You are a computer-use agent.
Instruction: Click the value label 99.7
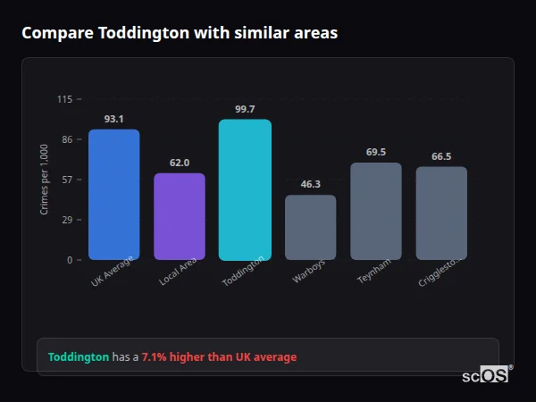point(245,109)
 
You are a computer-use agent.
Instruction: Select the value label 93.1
point(113,119)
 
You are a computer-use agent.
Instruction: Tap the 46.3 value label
point(310,184)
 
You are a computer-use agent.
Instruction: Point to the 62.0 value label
point(180,163)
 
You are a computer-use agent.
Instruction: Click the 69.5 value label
point(376,152)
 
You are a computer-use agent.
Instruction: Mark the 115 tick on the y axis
point(64,99)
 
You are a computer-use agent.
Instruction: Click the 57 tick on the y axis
point(66,180)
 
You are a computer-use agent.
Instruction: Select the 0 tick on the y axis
point(69,260)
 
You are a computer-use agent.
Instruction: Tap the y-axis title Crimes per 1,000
point(45,180)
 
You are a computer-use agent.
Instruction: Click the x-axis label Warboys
point(309,272)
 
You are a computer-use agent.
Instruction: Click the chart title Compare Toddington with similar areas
point(180,33)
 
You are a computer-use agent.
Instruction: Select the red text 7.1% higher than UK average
point(219,357)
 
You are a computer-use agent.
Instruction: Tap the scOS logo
point(486,375)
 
